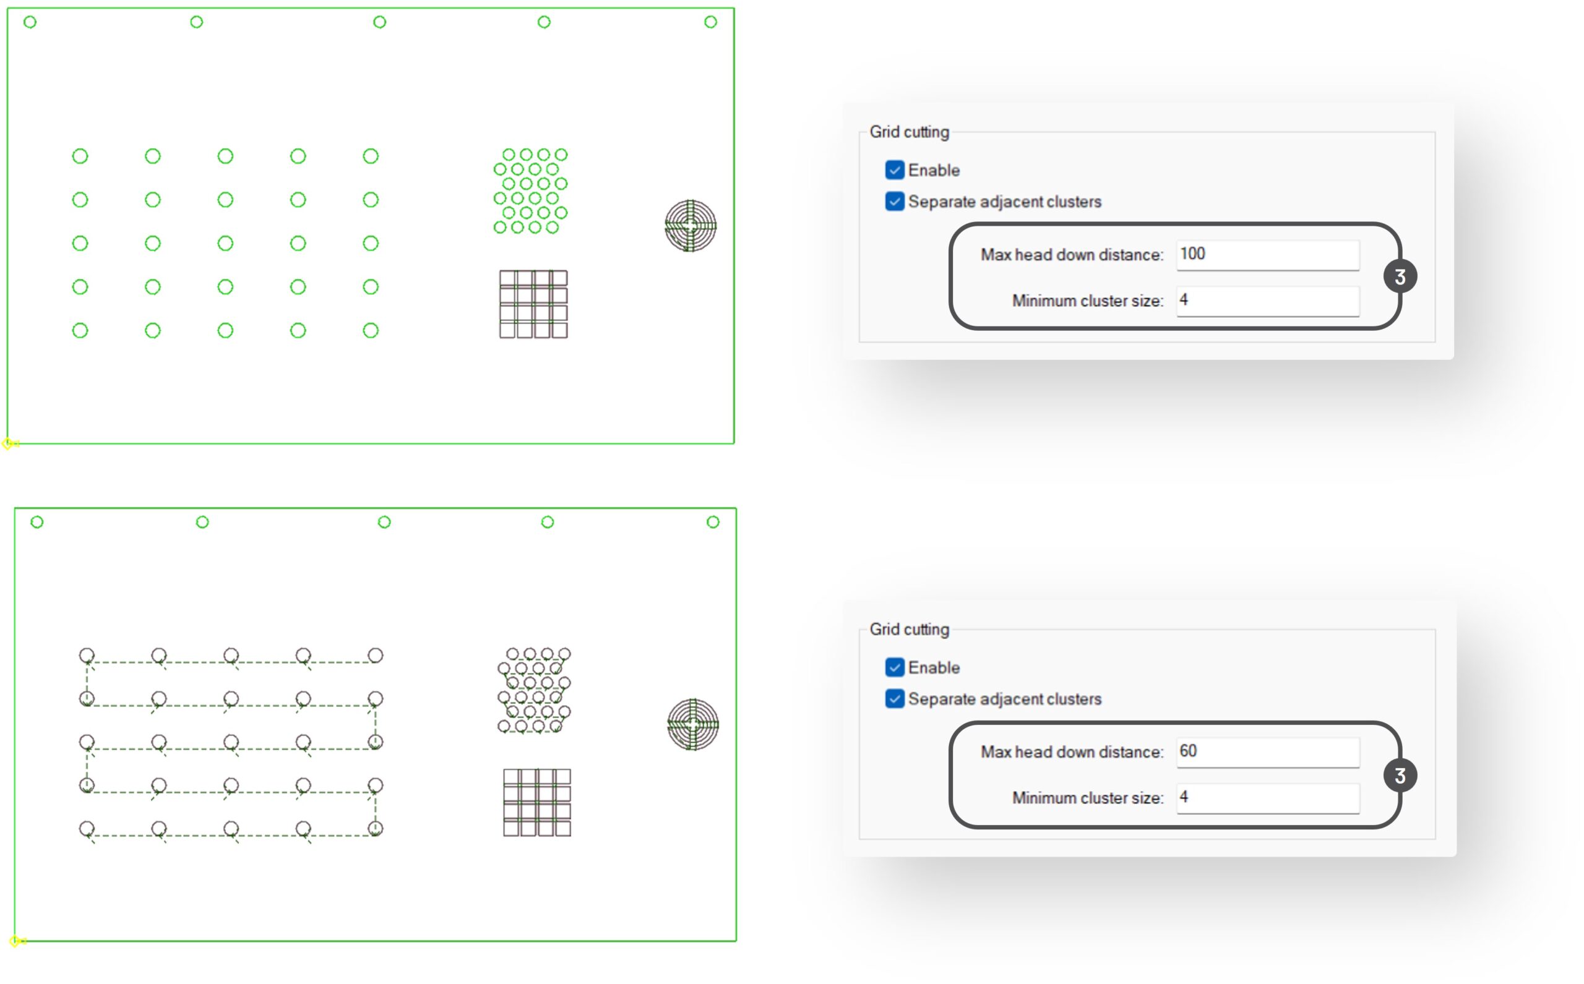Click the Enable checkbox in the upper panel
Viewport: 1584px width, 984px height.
894,170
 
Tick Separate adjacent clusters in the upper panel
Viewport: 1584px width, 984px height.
894,201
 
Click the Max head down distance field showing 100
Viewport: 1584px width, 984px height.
1267,254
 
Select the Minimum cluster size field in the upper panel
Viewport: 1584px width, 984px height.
1267,301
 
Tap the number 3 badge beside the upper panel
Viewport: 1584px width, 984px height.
1399,276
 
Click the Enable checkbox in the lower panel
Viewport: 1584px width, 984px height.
894,667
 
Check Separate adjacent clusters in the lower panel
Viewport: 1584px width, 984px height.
894,698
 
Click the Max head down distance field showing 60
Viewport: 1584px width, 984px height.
1267,751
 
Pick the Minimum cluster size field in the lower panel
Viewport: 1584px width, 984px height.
1267,798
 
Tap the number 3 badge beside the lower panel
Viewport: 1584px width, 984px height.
1399,775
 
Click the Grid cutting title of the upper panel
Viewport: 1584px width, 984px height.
909,132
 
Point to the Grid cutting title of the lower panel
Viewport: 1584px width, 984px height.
909,630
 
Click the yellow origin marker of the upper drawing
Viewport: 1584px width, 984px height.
8,444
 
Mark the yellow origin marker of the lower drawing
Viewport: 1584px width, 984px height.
15,941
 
